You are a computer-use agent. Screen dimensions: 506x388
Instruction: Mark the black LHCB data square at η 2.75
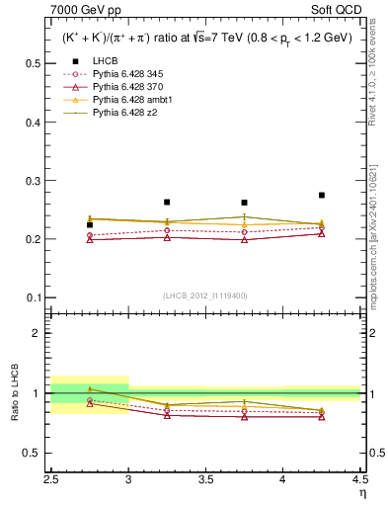coord(90,225)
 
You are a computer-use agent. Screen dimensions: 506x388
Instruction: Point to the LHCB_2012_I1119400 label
coord(204,296)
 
